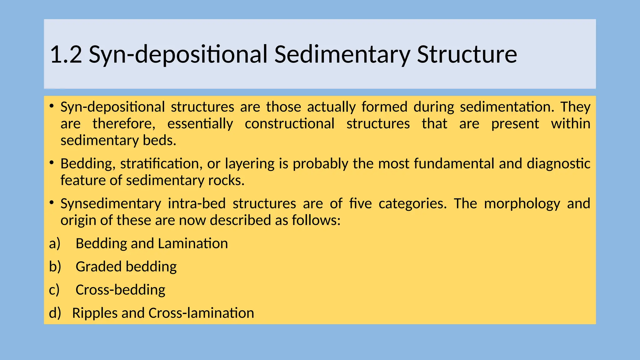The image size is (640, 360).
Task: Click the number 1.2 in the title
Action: (66, 55)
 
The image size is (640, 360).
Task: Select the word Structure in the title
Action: (467, 55)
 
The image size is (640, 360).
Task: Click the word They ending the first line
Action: (575, 107)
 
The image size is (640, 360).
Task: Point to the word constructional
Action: (289, 124)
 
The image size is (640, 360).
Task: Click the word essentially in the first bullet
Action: (200, 124)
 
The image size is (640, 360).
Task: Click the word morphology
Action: (522, 204)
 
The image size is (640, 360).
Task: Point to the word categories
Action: (412, 204)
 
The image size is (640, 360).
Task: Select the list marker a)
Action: (54, 243)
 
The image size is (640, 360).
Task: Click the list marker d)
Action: (55, 313)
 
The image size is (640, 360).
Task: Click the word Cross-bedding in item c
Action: (120, 290)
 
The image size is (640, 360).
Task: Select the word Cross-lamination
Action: (201, 313)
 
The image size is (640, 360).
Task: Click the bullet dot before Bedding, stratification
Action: (52, 162)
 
